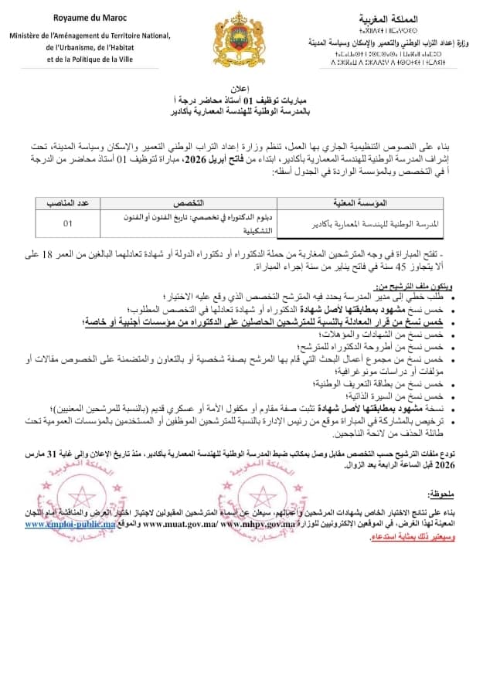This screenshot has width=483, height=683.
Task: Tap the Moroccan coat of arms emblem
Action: [x=240, y=39]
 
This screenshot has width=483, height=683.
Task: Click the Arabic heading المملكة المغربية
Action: [x=393, y=17]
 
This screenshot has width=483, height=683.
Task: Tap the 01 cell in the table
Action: [x=68, y=224]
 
